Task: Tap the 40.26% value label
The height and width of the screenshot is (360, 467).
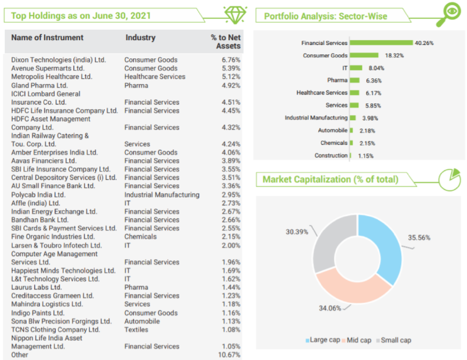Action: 424,43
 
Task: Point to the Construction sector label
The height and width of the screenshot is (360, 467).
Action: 331,155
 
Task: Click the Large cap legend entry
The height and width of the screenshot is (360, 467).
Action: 324,340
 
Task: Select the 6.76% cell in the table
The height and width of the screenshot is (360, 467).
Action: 231,60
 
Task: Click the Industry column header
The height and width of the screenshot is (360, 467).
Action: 140,38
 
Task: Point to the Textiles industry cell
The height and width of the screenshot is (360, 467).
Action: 137,330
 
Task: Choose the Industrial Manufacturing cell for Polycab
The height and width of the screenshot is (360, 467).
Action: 162,194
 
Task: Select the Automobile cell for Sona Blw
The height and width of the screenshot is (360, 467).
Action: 142,321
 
